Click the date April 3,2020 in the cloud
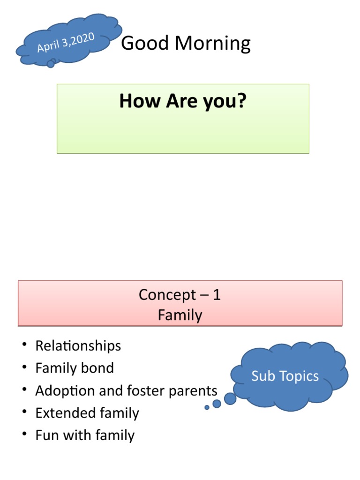pos(66,43)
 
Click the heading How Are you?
pos(182,101)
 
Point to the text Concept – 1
pos(180,295)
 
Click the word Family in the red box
pos(180,315)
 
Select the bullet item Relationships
pos(78,346)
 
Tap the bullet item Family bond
pos(75,368)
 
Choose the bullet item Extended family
pos(87,413)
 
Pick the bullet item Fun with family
pos(85,435)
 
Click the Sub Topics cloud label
pos(285,376)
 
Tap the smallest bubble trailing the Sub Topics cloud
pos(207,407)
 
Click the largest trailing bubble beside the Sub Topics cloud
pos(230,398)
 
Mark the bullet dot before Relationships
pos(23,346)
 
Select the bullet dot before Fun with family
pos(23,435)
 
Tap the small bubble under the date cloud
pos(51,64)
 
